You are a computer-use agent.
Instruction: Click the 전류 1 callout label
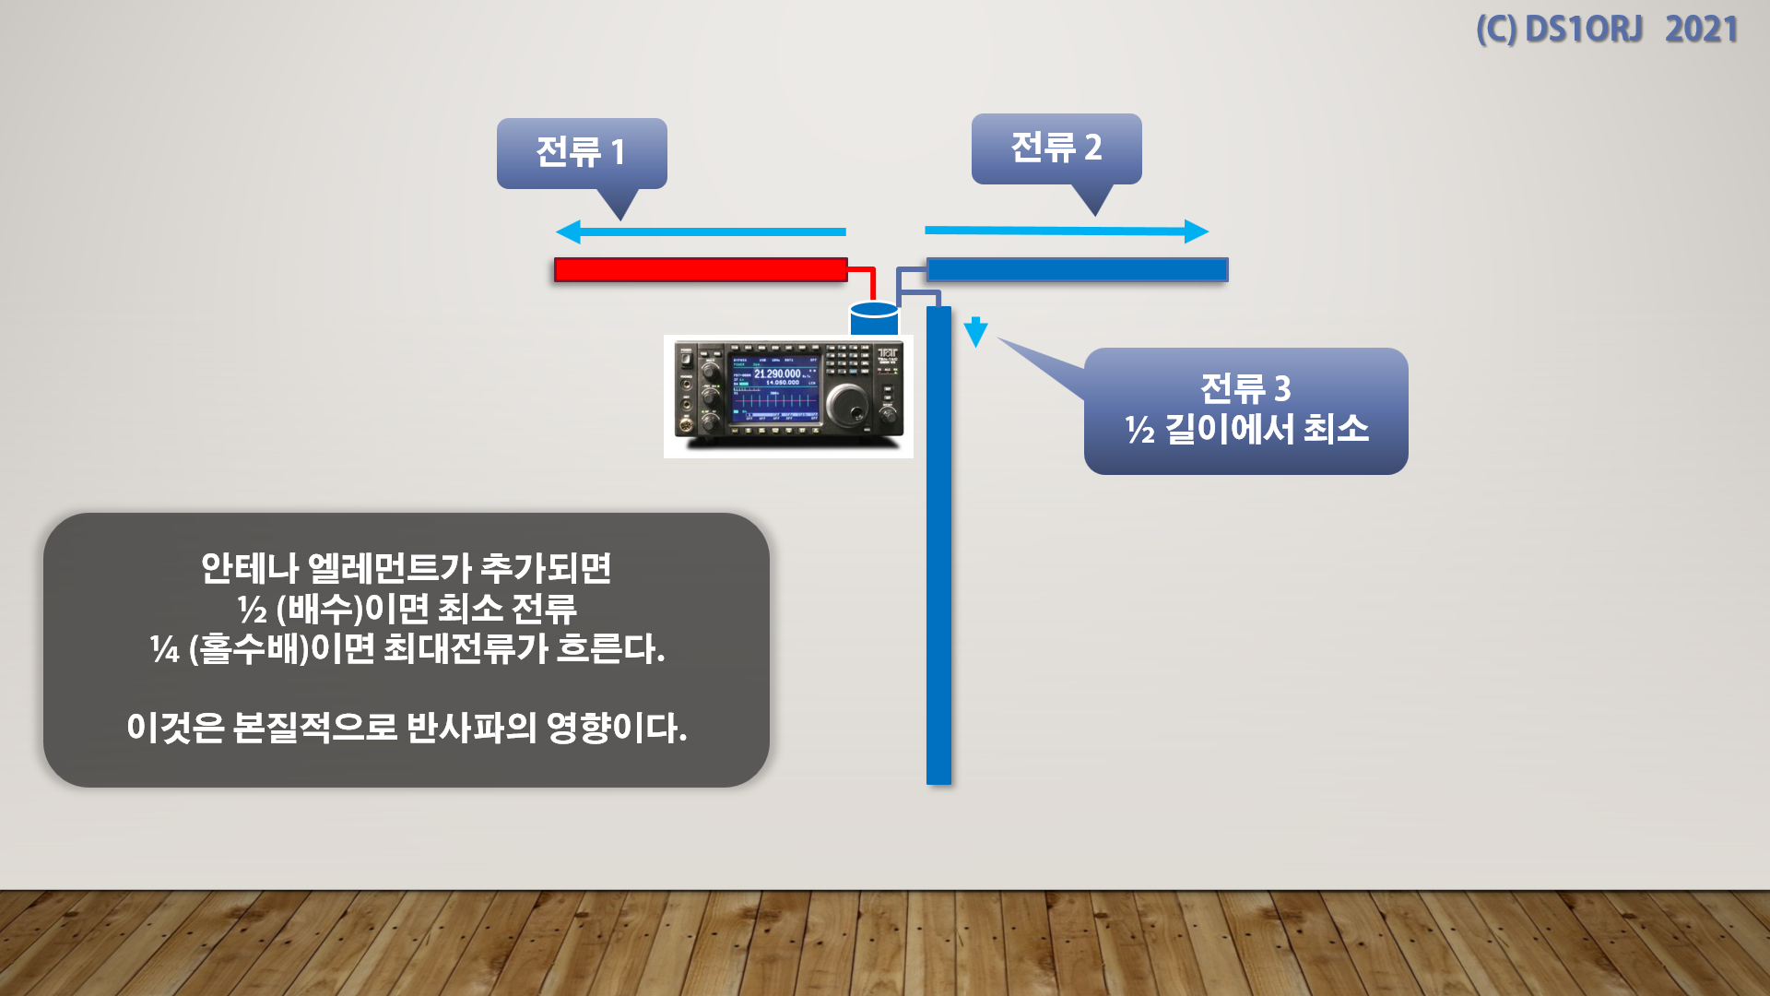click(x=581, y=152)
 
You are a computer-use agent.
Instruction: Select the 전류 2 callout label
click(x=1056, y=148)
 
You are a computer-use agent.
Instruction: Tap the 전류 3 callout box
click(x=1245, y=410)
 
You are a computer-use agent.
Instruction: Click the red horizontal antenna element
click(x=701, y=269)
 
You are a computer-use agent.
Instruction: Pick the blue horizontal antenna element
click(x=1077, y=269)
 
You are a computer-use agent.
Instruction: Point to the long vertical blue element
click(x=938, y=553)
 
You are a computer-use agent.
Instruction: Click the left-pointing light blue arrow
click(x=701, y=231)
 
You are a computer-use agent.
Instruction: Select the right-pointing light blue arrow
click(x=1067, y=231)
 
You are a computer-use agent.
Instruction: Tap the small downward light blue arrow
click(x=975, y=332)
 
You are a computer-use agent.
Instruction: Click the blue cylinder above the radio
click(x=874, y=319)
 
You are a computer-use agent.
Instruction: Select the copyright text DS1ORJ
click(x=1583, y=30)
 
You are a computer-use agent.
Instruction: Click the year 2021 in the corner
click(x=1701, y=30)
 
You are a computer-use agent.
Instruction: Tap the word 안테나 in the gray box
click(x=249, y=568)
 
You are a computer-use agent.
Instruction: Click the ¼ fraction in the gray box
click(x=165, y=649)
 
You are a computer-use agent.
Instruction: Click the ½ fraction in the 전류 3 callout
click(x=1139, y=430)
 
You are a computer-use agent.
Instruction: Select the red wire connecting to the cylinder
click(x=865, y=276)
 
